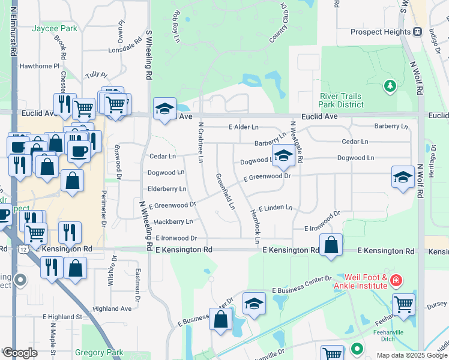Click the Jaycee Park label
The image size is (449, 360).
coord(55,28)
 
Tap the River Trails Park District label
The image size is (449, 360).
coord(342,100)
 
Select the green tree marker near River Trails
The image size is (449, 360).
coord(390,87)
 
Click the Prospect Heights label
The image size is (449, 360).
coord(381,32)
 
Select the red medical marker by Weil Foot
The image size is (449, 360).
coord(396,280)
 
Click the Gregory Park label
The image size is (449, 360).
coord(99,352)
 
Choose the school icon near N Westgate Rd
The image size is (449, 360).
coord(283,156)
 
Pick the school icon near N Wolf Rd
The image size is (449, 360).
coord(403,177)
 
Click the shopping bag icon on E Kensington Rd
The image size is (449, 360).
coord(331,245)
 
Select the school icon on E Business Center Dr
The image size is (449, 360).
coord(255,304)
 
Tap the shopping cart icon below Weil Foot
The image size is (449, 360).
coord(403,304)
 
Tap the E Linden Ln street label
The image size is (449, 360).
coord(274,207)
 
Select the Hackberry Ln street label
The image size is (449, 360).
coord(173,221)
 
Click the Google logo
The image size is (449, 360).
coord(20,353)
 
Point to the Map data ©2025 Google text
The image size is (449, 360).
coord(411,355)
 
